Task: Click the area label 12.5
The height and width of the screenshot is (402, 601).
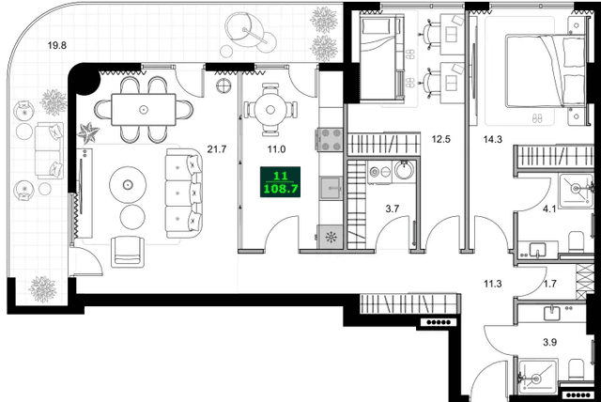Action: pyautogui.click(x=441, y=141)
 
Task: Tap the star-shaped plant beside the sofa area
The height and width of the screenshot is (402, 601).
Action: pyautogui.click(x=89, y=133)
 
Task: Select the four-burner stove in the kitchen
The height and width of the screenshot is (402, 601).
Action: pyautogui.click(x=331, y=139)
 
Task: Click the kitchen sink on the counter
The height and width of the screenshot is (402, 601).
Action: pyautogui.click(x=331, y=188)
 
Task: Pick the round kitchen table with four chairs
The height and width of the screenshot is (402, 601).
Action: pyautogui.click(x=270, y=110)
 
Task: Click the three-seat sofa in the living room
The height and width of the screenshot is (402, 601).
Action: pyautogui.click(x=184, y=191)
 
